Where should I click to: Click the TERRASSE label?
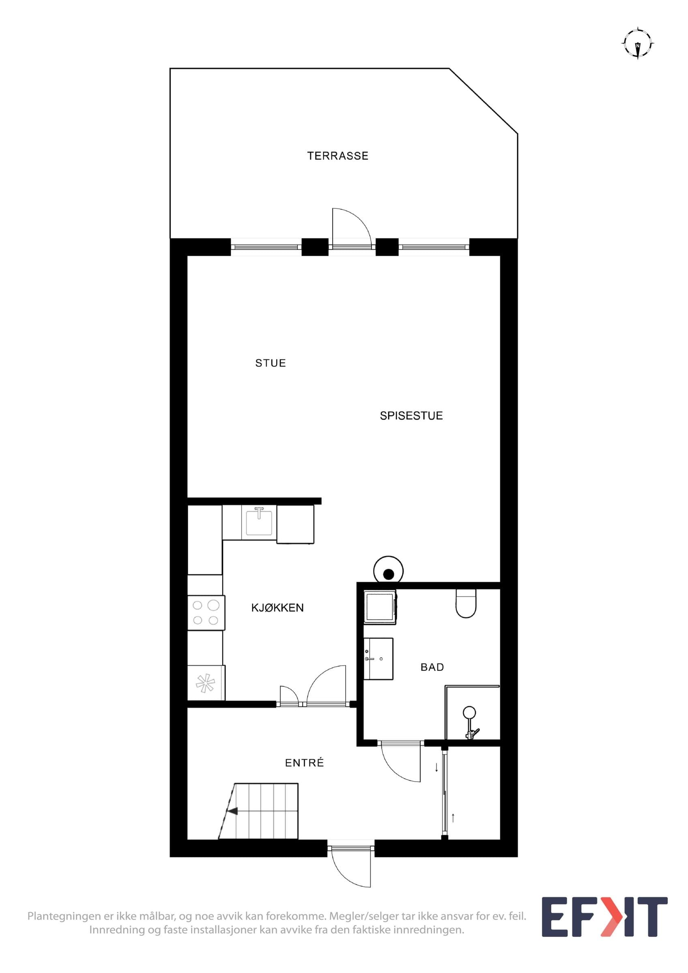[338, 156]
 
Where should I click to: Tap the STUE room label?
[271, 363]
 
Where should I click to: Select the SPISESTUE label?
[411, 416]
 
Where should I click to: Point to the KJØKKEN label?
[277, 608]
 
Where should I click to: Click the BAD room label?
[432, 667]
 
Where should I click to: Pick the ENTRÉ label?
[304, 763]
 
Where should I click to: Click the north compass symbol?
[638, 43]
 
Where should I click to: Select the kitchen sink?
[258, 521]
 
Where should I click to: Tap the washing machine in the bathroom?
[380, 607]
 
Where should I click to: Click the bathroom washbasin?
[378, 658]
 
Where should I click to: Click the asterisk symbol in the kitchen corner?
[205, 684]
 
